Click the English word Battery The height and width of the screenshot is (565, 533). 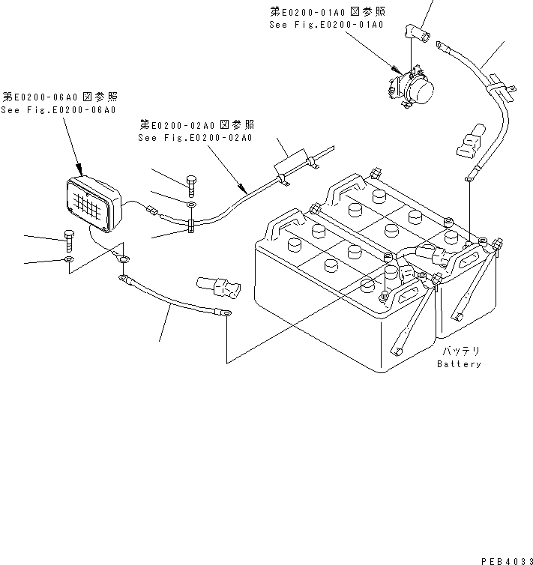[459, 364]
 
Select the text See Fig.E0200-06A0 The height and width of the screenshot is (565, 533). [58, 110]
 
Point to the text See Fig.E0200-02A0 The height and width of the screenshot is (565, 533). [195, 138]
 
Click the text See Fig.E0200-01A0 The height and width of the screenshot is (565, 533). [326, 25]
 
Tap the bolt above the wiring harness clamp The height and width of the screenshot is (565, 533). [190, 182]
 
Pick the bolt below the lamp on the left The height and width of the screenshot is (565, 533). [68, 240]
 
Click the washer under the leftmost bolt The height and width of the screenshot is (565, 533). [68, 260]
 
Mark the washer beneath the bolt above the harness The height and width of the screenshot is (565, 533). [190, 203]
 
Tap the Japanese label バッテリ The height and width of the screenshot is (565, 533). [459, 351]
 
